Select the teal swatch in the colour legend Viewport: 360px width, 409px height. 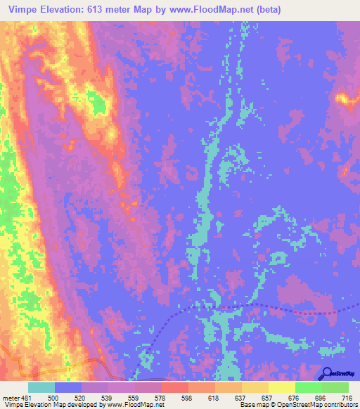click(x=41, y=387)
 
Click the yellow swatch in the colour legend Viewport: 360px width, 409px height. click(x=281, y=387)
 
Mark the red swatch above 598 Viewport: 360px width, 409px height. click(x=174, y=387)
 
